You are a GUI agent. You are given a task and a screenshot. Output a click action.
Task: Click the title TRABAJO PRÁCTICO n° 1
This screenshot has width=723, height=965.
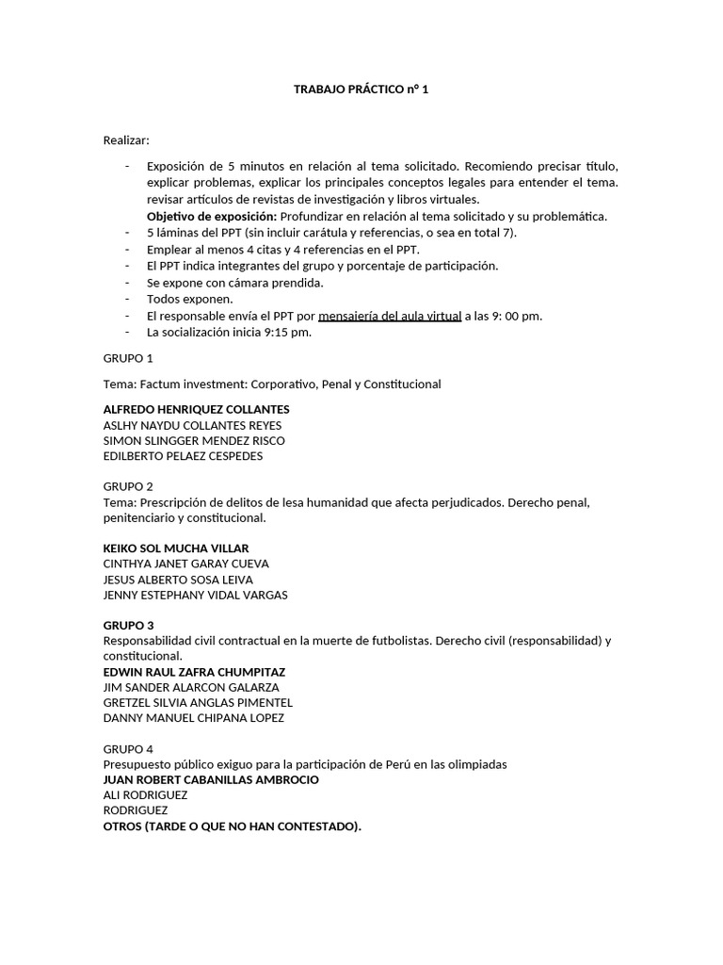coord(361,90)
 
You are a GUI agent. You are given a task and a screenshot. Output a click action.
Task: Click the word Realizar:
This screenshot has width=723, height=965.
coord(126,140)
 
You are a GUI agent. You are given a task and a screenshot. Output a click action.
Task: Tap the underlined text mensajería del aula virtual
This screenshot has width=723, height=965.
coord(390,316)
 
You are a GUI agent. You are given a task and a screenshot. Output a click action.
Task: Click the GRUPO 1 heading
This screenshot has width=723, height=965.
coord(128,358)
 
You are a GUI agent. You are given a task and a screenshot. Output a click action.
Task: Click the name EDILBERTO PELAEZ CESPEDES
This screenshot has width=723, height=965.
coord(183,456)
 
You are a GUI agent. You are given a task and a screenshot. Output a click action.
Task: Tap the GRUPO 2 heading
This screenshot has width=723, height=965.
coord(128,486)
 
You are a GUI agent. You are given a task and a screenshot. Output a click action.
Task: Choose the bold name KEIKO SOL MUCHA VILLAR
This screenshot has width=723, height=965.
coord(175,548)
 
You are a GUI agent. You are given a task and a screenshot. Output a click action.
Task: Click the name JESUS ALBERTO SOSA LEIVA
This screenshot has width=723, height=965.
coord(178,580)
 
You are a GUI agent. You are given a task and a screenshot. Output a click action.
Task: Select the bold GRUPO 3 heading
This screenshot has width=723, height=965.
coord(128,625)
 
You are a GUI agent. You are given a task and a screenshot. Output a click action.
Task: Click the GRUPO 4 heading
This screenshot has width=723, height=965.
coord(128,748)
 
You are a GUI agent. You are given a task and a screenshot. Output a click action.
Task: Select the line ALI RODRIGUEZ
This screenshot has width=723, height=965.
coord(145,794)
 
